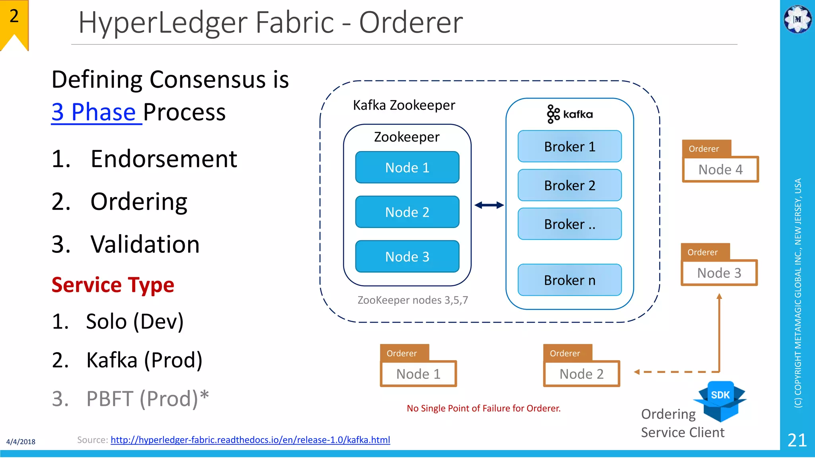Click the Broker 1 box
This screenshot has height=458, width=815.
coord(569,146)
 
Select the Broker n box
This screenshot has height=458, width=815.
coord(569,280)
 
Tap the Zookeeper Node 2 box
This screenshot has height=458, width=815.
coord(407,212)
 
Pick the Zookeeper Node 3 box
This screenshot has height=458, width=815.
coord(407,256)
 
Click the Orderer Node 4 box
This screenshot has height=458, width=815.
coord(720,169)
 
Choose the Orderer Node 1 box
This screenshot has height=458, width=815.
coord(418,374)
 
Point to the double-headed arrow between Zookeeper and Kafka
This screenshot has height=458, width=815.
coord(489,205)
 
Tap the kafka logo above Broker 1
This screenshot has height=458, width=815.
coord(569,114)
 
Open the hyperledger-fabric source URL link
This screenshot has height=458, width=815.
coord(250,440)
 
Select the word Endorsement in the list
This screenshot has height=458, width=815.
coord(164,159)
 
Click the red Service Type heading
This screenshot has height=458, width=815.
coord(113,285)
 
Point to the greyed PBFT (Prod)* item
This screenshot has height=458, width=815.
coord(147,398)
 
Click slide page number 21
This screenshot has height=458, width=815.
coord(797,440)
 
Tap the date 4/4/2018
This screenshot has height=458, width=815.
coord(21,442)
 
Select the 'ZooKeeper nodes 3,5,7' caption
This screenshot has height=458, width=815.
coord(413,300)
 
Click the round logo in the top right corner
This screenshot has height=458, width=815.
coord(797,19)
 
